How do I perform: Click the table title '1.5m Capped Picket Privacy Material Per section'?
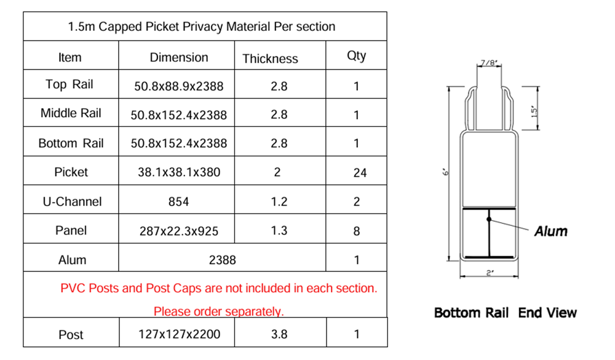[x=201, y=26]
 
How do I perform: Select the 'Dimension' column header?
[x=179, y=57]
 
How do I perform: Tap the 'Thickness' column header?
[x=270, y=58]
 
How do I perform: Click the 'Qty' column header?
[x=356, y=55]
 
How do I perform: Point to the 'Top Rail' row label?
[x=69, y=84]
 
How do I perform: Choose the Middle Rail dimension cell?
[x=179, y=115]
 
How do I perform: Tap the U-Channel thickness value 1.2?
[x=279, y=202]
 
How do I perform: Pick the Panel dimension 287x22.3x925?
[x=179, y=231]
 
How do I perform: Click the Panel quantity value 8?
[x=357, y=231]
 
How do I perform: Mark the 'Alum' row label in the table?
[x=72, y=260]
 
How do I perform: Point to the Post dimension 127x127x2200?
[x=179, y=335]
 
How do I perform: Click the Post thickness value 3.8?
[x=279, y=335]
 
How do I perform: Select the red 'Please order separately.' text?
[x=218, y=311]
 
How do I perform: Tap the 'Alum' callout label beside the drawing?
[x=550, y=231]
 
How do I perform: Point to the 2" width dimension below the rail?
[x=490, y=273]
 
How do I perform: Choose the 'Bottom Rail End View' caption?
[x=505, y=313]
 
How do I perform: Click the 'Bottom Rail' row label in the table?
[x=71, y=143]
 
